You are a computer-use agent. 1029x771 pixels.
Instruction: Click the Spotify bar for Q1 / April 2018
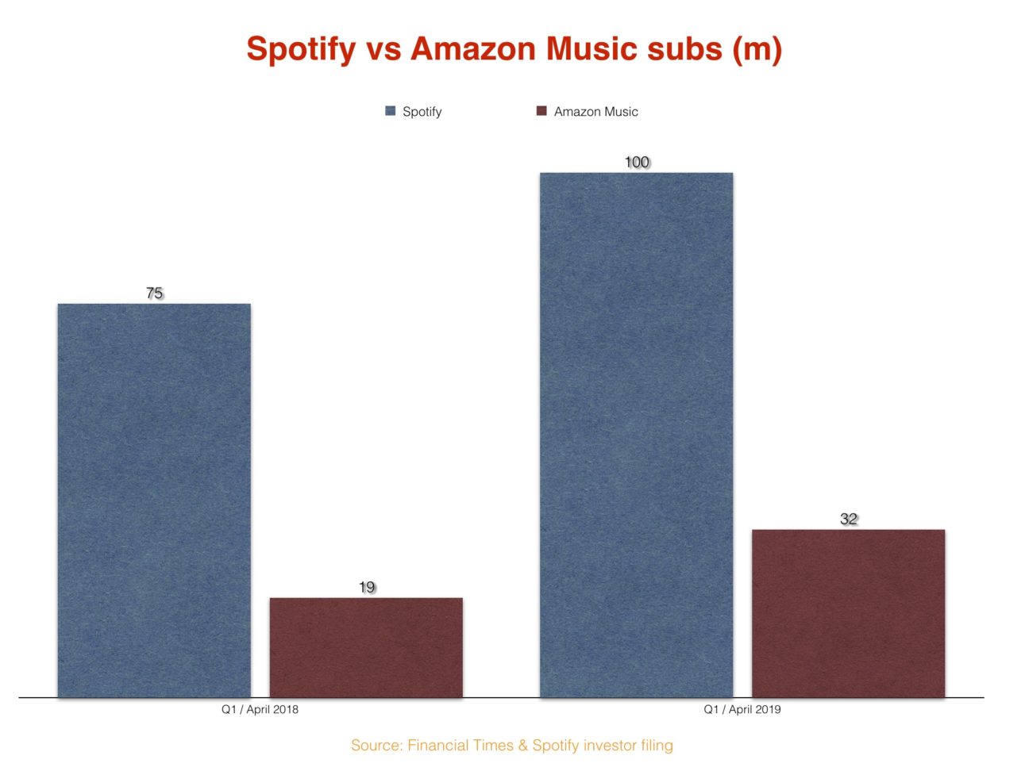[x=154, y=500]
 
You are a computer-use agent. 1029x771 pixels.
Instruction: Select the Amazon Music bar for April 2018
[x=366, y=647]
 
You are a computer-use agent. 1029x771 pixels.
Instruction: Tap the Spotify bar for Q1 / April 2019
[x=636, y=435]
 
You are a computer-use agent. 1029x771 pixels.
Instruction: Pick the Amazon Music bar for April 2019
[x=848, y=613]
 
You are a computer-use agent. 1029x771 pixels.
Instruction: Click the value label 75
[x=154, y=293]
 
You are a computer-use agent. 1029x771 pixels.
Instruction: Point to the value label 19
[x=366, y=588]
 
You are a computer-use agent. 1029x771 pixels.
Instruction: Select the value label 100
[x=637, y=163]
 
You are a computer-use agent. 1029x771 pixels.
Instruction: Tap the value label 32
[x=849, y=520]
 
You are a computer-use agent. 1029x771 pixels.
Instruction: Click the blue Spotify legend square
[x=390, y=111]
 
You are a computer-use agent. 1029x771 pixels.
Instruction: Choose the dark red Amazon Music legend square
[x=541, y=111]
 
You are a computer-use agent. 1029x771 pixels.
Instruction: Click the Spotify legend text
[x=422, y=112]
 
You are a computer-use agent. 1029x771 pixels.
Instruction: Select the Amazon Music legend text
[x=595, y=112]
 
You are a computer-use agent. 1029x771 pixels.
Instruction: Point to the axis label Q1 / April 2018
[x=260, y=709]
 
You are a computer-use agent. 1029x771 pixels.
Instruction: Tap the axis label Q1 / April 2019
[x=742, y=709]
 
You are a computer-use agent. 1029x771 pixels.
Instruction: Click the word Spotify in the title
[x=301, y=49]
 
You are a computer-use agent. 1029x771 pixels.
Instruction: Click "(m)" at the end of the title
[x=757, y=49]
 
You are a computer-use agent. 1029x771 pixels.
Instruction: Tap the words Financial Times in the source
[x=461, y=746]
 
